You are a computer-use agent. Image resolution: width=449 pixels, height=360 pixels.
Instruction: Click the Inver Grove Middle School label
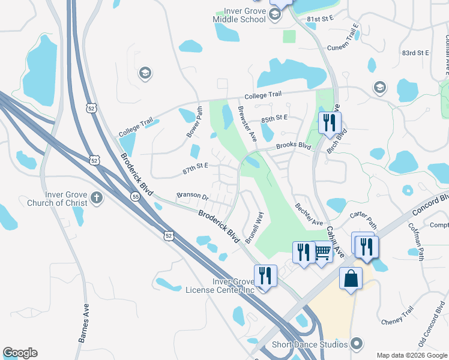coord(239,15)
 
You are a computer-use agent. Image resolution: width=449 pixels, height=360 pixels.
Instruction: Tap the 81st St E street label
coord(319,19)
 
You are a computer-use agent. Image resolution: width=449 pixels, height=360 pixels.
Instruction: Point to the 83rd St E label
coord(416,53)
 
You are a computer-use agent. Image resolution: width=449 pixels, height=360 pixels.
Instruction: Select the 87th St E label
coord(195,168)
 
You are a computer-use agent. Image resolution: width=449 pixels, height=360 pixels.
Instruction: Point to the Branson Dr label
coord(192,196)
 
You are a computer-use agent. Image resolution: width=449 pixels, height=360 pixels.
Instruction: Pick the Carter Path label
coord(363,220)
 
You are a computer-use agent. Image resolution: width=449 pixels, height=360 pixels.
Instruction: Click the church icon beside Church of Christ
coord(96,197)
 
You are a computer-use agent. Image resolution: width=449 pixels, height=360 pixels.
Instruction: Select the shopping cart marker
coord(322,251)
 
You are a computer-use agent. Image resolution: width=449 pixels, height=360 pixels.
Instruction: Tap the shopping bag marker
coord(351,279)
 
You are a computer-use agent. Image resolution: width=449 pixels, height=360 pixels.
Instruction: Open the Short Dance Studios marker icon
coord(357,344)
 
